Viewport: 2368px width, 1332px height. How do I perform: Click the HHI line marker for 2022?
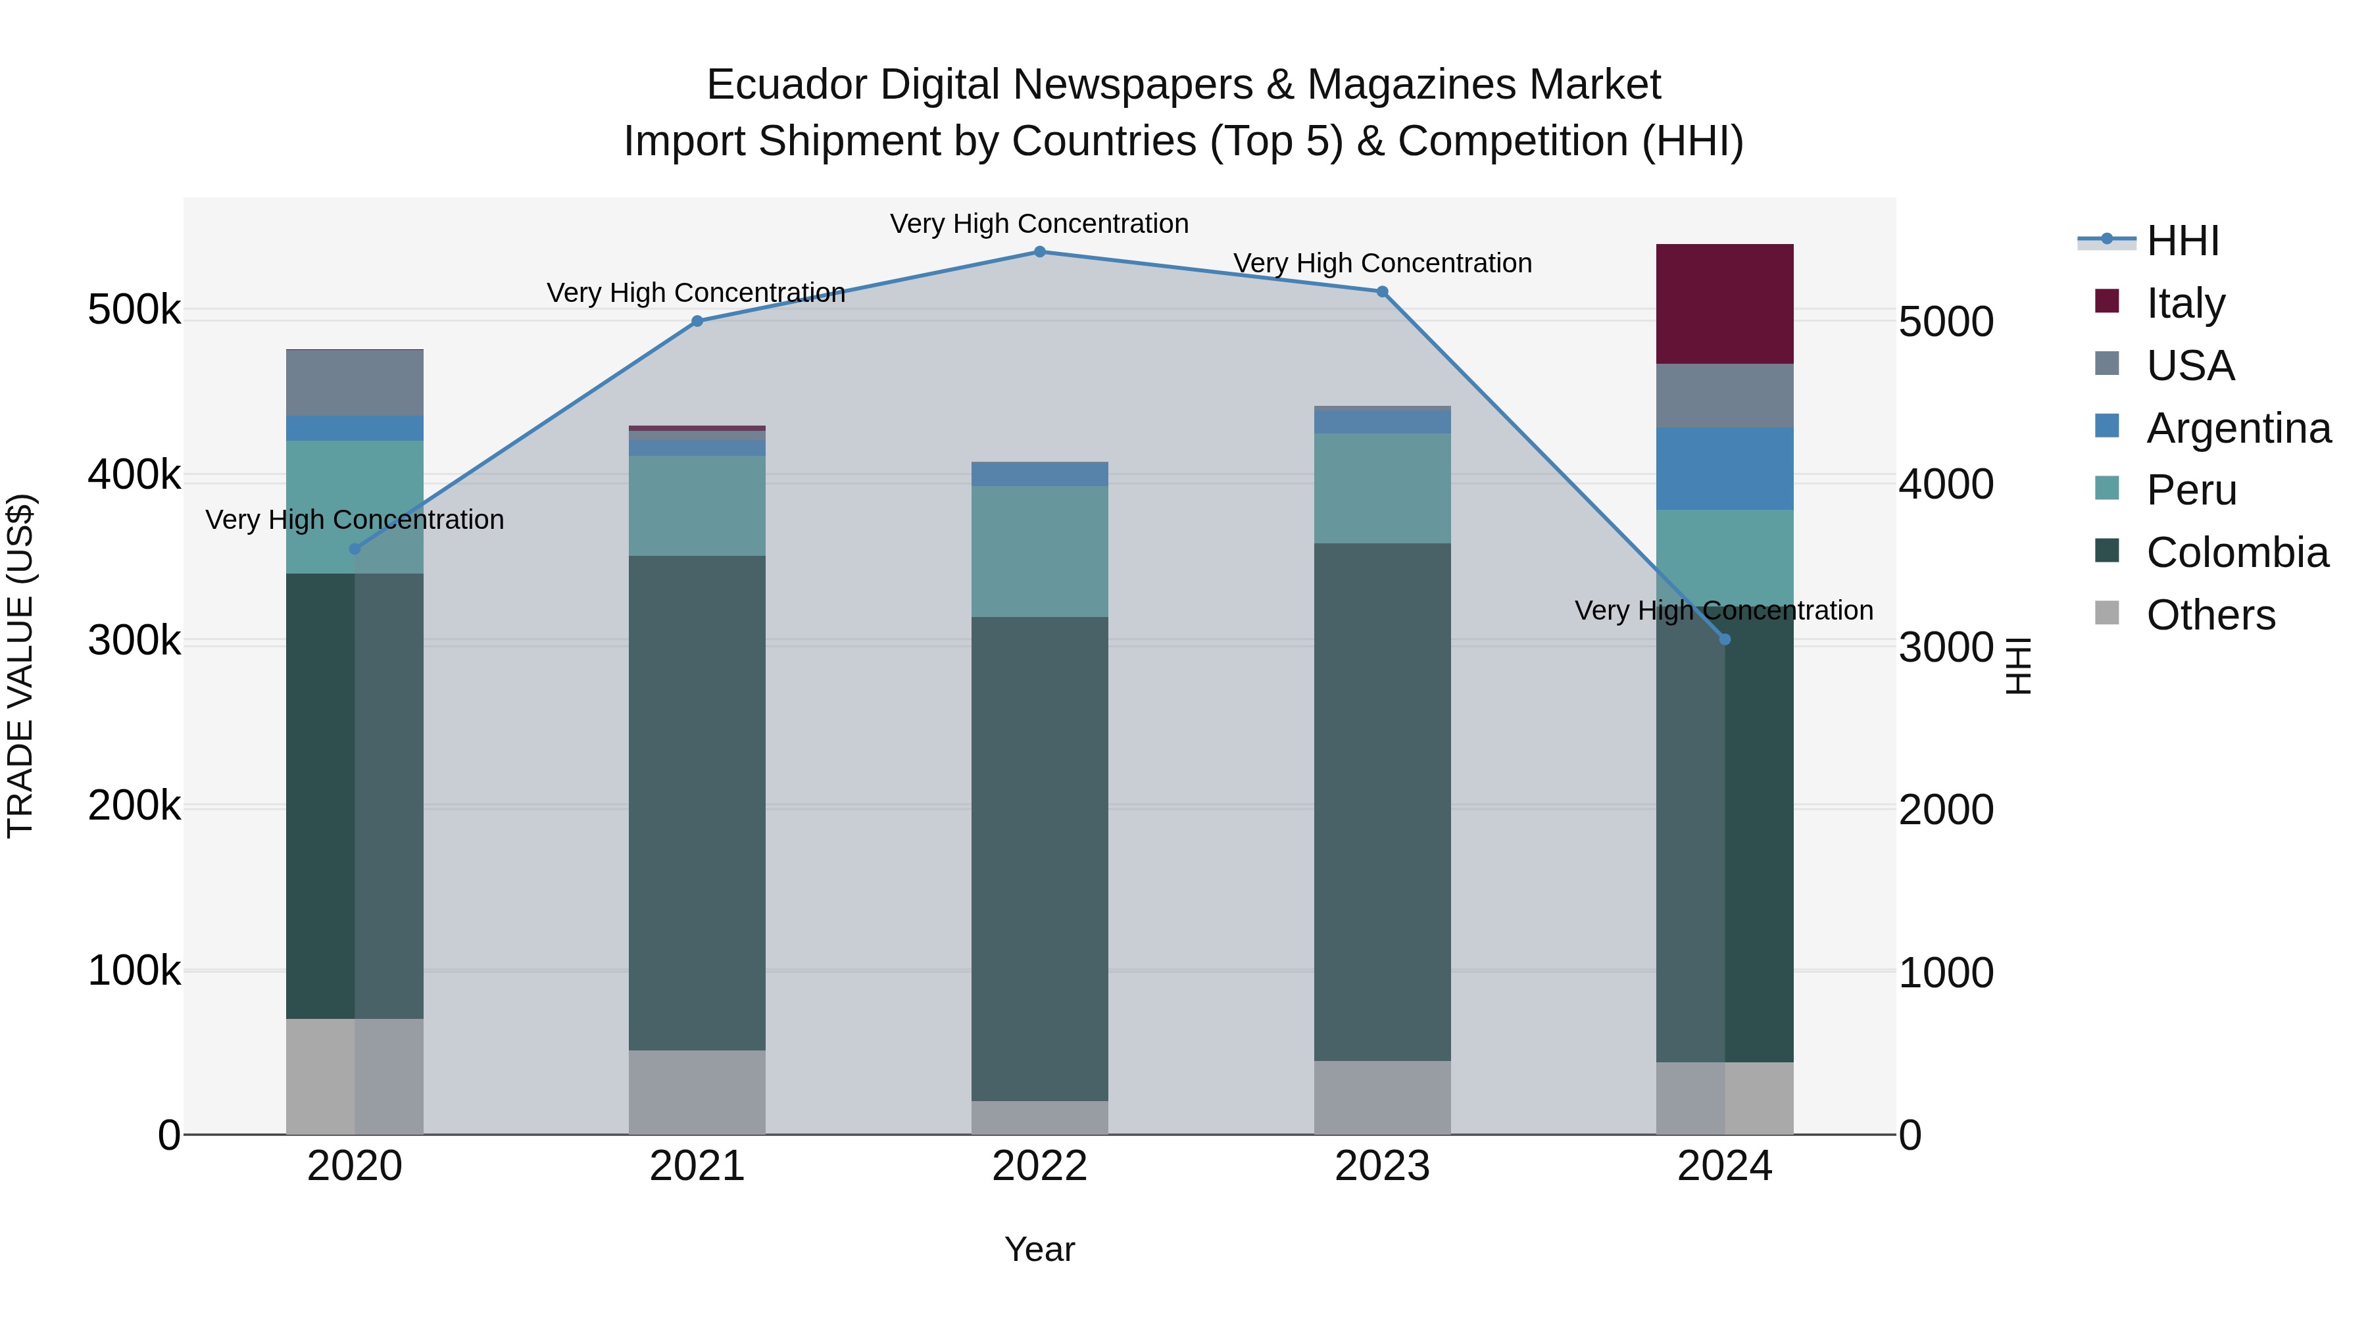pos(1040,252)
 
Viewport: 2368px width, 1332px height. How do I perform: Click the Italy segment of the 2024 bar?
pos(1725,305)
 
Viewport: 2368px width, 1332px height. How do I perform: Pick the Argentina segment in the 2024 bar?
pos(1725,469)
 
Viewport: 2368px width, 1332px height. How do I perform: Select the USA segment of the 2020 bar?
pos(355,383)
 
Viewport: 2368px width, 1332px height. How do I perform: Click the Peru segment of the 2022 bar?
pos(1040,552)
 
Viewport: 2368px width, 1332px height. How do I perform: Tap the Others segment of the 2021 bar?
pos(697,1092)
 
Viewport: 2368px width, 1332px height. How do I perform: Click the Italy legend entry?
pos(2185,303)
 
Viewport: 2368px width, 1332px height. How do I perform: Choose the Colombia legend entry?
pos(2236,553)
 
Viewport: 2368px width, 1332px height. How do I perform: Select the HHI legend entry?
pos(2183,241)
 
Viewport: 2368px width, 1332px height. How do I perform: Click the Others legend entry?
pos(2210,615)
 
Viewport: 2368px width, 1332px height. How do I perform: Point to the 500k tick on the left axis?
pos(134,310)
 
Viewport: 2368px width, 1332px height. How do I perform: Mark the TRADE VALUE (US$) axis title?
pos(20,666)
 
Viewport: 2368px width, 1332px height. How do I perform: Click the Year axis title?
pos(1040,1249)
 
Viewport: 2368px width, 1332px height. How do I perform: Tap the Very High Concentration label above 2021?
pos(696,292)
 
